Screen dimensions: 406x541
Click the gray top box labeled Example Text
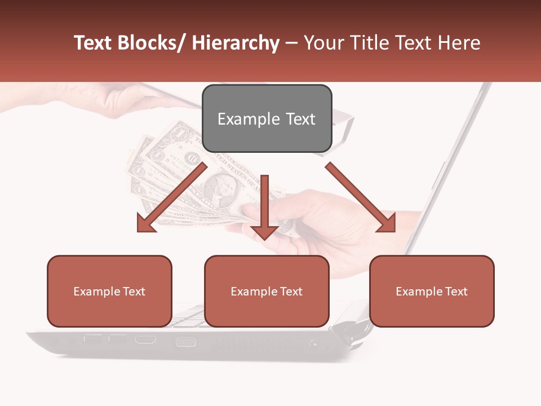(x=267, y=118)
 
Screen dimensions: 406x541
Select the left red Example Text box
(x=109, y=291)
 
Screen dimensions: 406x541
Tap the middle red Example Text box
(x=267, y=291)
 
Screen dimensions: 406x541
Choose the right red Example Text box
(x=432, y=291)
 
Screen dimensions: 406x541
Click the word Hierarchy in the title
(x=235, y=43)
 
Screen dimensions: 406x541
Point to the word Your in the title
(x=323, y=43)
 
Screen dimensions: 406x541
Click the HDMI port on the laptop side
(x=145, y=340)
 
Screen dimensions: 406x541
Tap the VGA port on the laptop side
(x=185, y=341)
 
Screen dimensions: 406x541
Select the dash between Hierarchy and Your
(x=291, y=43)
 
